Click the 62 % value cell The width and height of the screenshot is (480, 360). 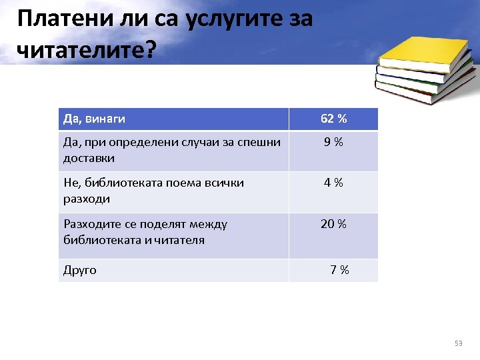[x=333, y=119]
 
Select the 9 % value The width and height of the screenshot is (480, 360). [x=333, y=142]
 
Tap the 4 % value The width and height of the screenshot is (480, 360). [x=333, y=183]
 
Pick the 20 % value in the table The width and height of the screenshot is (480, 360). [x=333, y=224]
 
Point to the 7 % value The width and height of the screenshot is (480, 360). [x=339, y=270]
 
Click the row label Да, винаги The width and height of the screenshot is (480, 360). [x=94, y=119]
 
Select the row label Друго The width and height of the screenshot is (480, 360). [x=79, y=270]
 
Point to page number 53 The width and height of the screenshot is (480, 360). [x=458, y=343]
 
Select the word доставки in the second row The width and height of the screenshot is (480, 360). [x=89, y=158]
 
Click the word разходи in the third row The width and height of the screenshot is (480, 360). [x=87, y=199]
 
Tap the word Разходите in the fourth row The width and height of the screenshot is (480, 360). [x=91, y=224]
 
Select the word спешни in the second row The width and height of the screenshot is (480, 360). [x=261, y=142]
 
